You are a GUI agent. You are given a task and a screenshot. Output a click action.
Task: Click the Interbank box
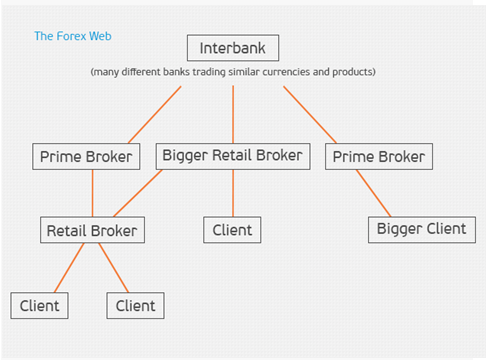[233, 48]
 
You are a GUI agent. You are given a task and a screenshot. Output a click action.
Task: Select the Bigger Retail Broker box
[234, 156]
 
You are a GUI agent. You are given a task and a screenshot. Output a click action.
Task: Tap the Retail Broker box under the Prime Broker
[93, 231]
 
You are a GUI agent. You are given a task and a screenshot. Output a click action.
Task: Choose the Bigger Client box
[421, 229]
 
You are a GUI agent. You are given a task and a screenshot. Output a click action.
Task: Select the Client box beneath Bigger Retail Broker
[233, 230]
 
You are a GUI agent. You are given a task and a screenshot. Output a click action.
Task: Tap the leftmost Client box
[40, 305]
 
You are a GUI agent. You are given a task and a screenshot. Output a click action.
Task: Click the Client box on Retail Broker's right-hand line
[136, 305]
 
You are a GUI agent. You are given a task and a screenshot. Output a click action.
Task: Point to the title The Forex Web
[73, 36]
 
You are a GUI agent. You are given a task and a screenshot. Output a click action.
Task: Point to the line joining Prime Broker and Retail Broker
[92, 193]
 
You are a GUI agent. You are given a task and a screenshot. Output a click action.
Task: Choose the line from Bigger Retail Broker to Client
[233, 193]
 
